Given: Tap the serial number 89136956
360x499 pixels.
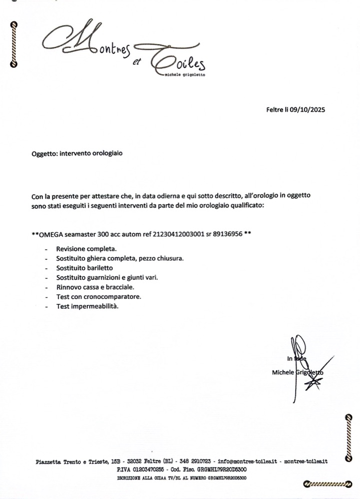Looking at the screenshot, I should click(x=229, y=234).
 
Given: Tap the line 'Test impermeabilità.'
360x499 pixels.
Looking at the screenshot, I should click(x=87, y=306).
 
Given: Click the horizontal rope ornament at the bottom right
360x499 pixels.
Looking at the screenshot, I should click(x=327, y=483).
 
